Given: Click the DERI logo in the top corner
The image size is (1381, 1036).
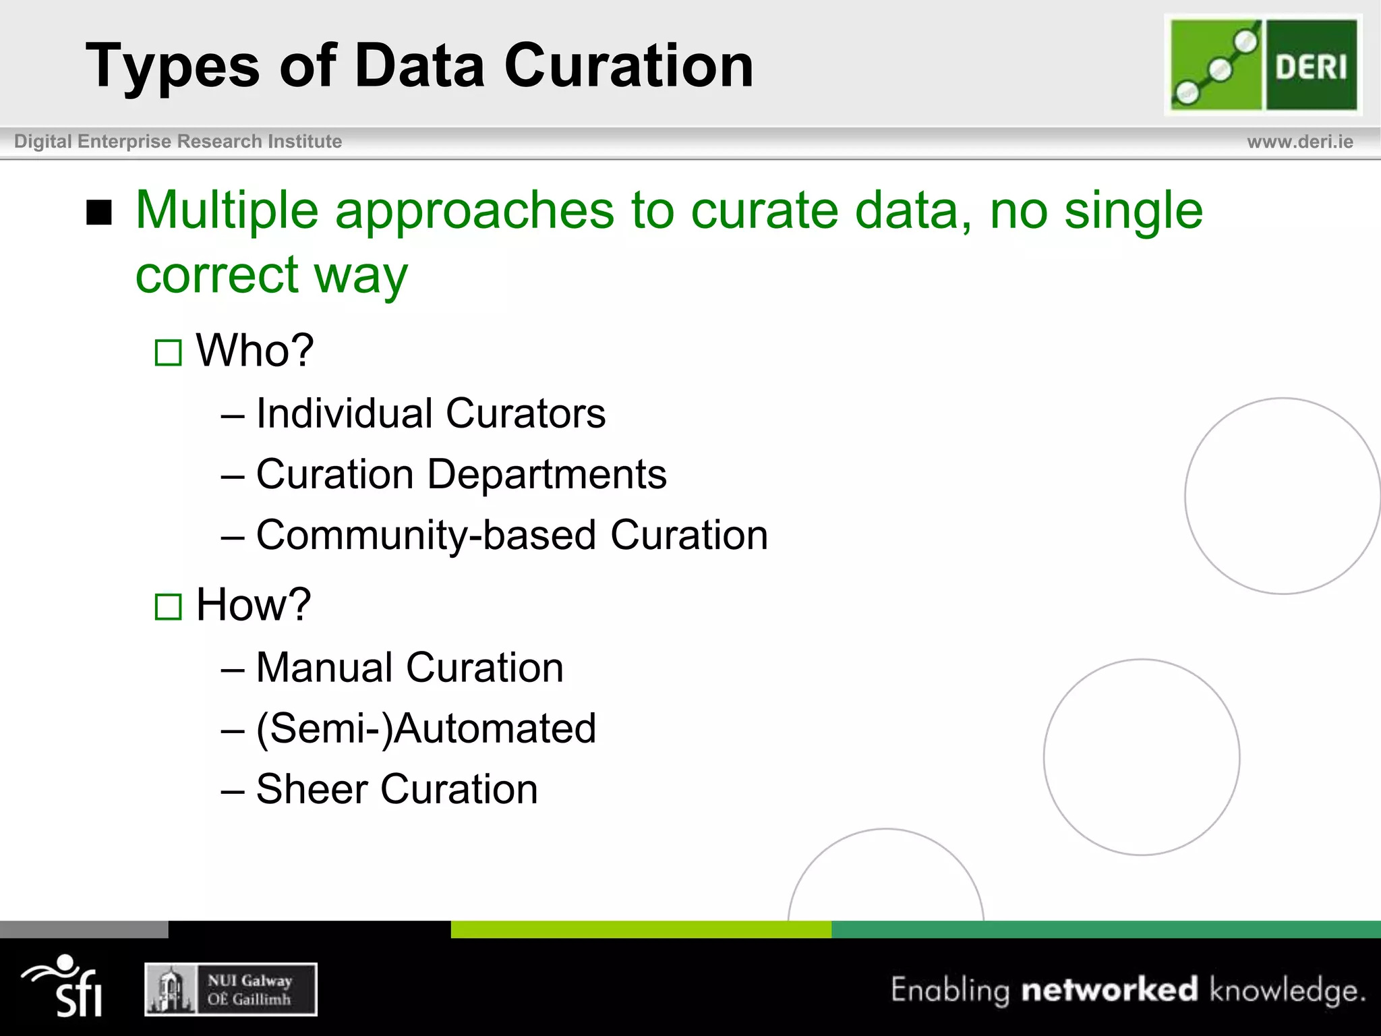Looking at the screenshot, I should pyautogui.click(x=1263, y=65).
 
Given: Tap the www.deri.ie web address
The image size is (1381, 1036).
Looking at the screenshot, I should pyautogui.click(x=1299, y=142).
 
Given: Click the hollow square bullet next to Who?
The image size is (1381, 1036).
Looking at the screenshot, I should pyautogui.click(x=168, y=353).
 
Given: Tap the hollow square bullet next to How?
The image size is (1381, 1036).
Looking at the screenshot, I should pyautogui.click(x=168, y=606).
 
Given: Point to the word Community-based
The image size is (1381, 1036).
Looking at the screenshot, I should pyautogui.click(x=426, y=536).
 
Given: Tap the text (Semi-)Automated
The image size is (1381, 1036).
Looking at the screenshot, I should pyautogui.click(x=426, y=728).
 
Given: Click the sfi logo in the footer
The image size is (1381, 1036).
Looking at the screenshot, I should pyautogui.click(x=64, y=986).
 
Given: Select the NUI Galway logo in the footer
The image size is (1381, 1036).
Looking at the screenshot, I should pyautogui.click(x=231, y=989).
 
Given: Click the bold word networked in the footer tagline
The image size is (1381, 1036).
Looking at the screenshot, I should pyautogui.click(x=1109, y=989).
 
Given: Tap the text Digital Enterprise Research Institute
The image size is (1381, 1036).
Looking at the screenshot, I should pyautogui.click(x=178, y=142).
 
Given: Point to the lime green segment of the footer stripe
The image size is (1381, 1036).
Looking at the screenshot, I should pyautogui.click(x=641, y=929).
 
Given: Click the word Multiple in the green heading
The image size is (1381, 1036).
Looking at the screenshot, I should pyautogui.click(x=227, y=210).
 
